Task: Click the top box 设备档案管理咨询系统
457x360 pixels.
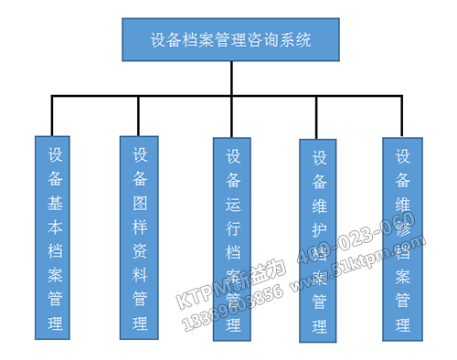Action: (230, 41)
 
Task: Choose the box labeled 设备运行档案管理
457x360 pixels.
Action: (232, 239)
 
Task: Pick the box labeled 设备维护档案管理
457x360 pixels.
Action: (319, 240)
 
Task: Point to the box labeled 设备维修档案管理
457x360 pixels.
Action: (402, 236)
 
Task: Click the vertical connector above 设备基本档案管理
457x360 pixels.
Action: (53, 116)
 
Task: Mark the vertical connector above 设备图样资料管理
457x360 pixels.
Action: (138, 116)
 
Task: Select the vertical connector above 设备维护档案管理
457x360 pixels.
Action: (316, 117)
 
